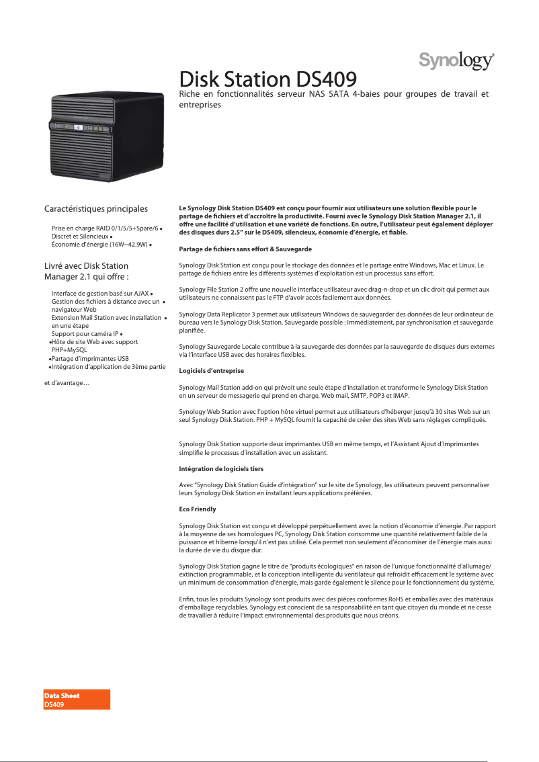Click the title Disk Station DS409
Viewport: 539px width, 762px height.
pyautogui.click(x=267, y=78)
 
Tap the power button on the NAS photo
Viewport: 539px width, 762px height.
pyautogui.click(x=77, y=128)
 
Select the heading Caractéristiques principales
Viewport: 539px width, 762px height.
pyautogui.click(x=95, y=209)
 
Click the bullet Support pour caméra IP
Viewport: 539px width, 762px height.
pyautogui.click(x=85, y=333)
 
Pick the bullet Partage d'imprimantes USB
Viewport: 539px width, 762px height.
pyautogui.click(x=90, y=358)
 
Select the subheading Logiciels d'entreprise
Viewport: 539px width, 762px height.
pyautogui.click(x=211, y=371)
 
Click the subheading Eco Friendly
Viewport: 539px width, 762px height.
pyautogui.click(x=197, y=509)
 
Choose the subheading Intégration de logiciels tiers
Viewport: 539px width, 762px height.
pyautogui.click(x=221, y=468)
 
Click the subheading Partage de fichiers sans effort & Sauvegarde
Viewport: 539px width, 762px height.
pyautogui.click(x=245, y=249)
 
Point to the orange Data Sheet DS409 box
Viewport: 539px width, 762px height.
pyautogui.click(x=76, y=700)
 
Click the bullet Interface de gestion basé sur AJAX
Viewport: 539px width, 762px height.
pyautogui.click(x=100, y=294)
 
